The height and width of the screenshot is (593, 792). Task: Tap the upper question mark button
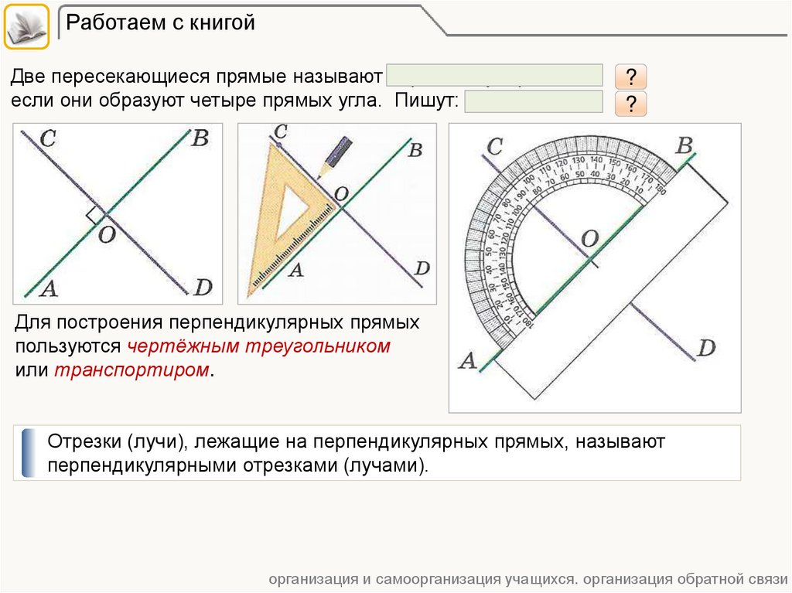click(630, 77)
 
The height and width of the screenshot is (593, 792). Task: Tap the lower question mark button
click(630, 104)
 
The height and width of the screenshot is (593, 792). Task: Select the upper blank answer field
click(494, 75)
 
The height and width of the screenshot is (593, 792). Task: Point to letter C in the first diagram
click(47, 140)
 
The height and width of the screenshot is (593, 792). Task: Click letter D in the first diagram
click(203, 288)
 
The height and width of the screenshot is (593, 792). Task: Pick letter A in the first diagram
click(48, 289)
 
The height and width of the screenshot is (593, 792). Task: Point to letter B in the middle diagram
click(415, 150)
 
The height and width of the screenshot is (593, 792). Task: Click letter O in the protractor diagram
click(589, 240)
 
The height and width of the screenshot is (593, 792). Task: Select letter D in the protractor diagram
click(705, 348)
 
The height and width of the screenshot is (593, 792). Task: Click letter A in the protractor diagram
click(467, 360)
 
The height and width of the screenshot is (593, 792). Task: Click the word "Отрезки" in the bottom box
click(80, 443)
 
